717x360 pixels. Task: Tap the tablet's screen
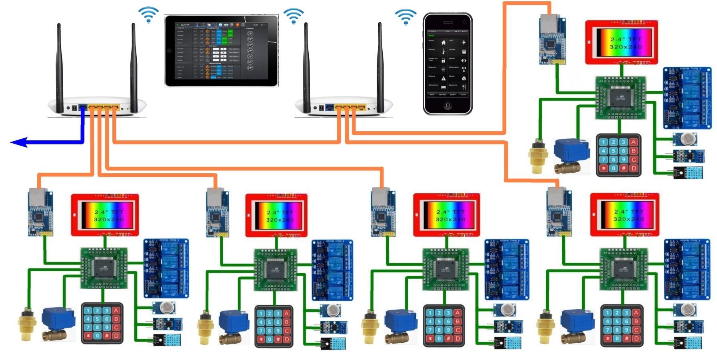point(221,51)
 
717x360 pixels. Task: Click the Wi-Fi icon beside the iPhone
point(405,17)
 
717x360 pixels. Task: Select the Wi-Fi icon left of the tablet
point(148,14)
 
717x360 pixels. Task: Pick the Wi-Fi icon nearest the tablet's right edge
point(293,16)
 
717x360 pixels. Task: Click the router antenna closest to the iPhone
point(380,68)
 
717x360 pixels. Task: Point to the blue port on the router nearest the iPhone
point(330,107)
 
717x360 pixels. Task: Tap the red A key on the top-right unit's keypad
point(633,142)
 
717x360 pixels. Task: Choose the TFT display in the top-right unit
point(621,42)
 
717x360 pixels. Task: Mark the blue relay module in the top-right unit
point(687,98)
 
